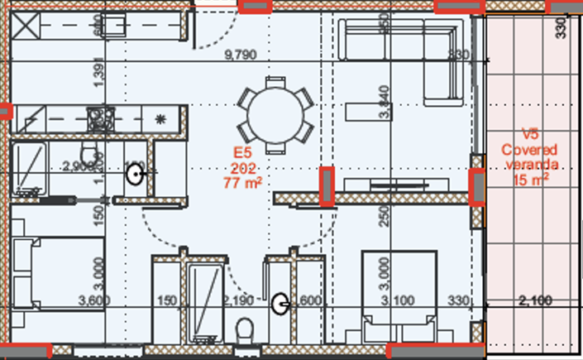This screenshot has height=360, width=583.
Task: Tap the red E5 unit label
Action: pyautogui.click(x=241, y=153)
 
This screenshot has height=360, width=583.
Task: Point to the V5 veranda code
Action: pyautogui.click(x=529, y=136)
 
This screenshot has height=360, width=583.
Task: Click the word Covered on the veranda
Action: pyautogui.click(x=529, y=150)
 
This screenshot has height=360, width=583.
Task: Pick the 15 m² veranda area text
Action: pyautogui.click(x=529, y=179)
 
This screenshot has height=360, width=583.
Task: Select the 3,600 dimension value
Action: pyautogui.click(x=94, y=300)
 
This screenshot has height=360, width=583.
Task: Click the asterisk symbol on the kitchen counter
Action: pyautogui.click(x=160, y=118)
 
